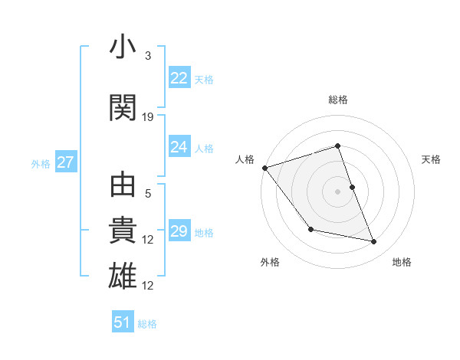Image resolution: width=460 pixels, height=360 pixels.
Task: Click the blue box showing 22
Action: tap(179, 78)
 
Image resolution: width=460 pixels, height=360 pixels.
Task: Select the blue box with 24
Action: tap(179, 147)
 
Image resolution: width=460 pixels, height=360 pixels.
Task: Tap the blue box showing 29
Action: tap(179, 231)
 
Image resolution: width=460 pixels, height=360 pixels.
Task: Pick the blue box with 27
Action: tap(66, 162)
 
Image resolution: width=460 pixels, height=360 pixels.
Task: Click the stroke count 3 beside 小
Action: tap(147, 56)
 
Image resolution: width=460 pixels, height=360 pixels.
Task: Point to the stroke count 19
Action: tap(148, 117)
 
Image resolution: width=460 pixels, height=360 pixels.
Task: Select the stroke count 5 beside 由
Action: tap(147, 195)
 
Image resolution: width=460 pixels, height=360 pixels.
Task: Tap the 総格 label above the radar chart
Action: tap(338, 100)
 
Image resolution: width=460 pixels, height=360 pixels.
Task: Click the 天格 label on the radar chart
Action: tap(431, 159)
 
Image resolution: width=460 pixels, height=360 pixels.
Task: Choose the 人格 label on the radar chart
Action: tap(245, 159)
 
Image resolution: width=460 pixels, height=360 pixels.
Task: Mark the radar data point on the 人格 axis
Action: tap(264, 168)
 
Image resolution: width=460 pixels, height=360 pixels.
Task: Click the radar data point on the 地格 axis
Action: tap(374, 242)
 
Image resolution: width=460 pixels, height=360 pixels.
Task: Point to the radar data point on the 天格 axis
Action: tap(352, 187)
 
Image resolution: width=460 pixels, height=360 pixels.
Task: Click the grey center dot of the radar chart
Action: tap(338, 191)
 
